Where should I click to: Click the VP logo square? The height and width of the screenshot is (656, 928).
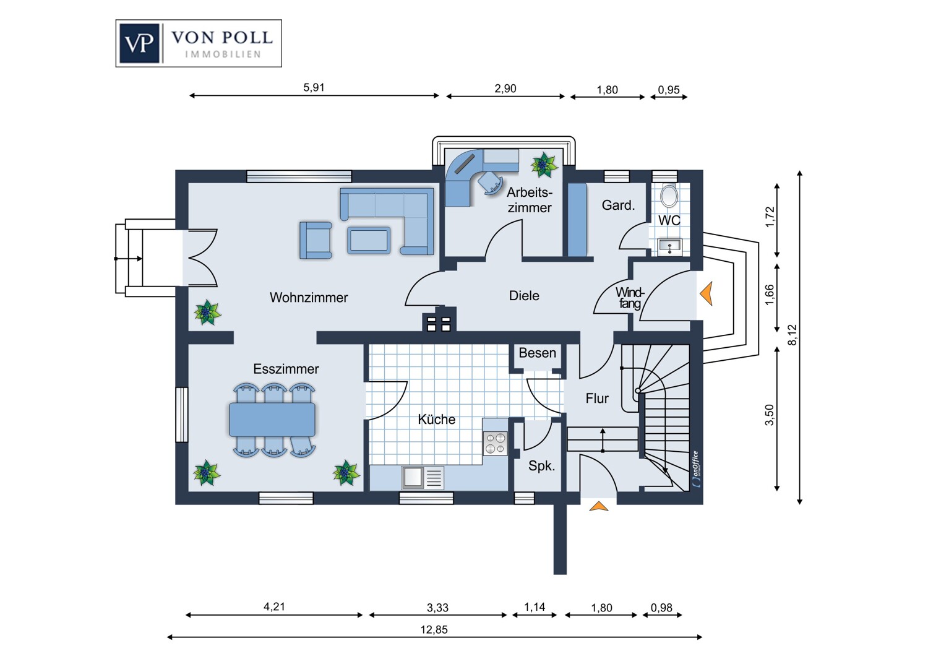click(x=139, y=43)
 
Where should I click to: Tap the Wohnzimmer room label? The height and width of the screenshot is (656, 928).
click(x=309, y=297)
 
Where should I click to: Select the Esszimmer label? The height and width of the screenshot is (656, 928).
click(x=286, y=369)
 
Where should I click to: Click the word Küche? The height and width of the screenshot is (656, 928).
click(x=436, y=419)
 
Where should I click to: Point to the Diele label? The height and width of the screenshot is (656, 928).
click(x=524, y=295)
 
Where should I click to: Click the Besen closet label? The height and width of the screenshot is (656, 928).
click(x=538, y=353)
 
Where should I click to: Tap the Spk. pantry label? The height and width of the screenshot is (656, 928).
click(x=541, y=466)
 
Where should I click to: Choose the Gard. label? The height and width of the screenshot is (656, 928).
click(x=618, y=205)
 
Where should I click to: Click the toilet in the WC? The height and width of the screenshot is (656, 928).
click(x=669, y=195)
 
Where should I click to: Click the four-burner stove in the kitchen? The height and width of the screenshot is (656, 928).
click(x=495, y=443)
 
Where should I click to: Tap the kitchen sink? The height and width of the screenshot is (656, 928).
click(x=423, y=478)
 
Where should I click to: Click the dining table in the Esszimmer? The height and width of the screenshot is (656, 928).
click(x=272, y=420)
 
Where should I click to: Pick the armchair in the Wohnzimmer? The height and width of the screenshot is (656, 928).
click(x=316, y=240)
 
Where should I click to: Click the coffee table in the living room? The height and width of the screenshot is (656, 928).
click(x=369, y=240)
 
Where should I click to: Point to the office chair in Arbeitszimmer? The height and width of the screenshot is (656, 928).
click(x=489, y=182)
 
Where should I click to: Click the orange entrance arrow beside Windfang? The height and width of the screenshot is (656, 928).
click(x=707, y=293)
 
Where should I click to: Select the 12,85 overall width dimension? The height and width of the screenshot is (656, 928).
click(x=434, y=631)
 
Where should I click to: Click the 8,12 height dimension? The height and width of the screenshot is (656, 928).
click(x=792, y=335)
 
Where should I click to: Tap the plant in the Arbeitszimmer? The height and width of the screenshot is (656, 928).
click(x=544, y=165)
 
